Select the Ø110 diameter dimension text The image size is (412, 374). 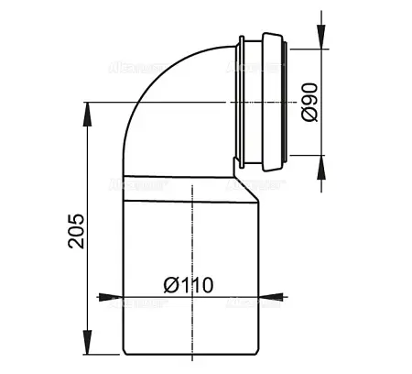(x=190, y=284)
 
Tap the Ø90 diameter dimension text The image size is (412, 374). (x=309, y=102)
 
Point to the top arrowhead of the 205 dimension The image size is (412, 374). (x=87, y=108)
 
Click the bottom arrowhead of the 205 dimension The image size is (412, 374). (x=87, y=354)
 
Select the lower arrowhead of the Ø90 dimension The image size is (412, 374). (x=321, y=163)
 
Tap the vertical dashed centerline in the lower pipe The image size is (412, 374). (x=195, y=238)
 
